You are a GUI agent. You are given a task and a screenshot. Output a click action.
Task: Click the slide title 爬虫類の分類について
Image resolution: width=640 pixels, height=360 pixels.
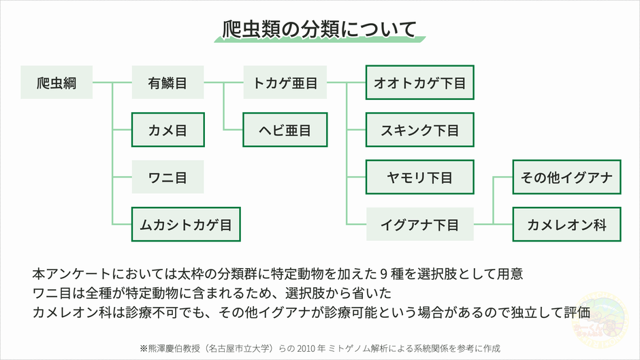pos(319,29)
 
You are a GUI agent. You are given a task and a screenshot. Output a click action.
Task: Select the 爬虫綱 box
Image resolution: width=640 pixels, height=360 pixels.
pos(57,83)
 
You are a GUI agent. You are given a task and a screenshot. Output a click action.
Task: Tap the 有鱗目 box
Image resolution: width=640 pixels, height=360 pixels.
pos(167,83)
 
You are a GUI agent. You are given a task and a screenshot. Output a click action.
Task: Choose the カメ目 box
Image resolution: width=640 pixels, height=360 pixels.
pos(167,130)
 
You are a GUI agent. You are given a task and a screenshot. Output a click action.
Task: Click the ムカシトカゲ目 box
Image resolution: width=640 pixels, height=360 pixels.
pos(186,224)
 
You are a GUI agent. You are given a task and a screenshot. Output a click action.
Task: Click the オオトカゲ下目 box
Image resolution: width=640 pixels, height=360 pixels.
pos(419,83)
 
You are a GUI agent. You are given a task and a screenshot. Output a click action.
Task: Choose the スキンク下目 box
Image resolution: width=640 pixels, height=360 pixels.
pos(419,130)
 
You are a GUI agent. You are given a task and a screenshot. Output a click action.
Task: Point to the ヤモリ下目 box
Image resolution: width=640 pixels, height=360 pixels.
pos(419,177)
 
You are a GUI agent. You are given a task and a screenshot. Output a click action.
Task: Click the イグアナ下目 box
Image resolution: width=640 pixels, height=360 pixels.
pos(419,224)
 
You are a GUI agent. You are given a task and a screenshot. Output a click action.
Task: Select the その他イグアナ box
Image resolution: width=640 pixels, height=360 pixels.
pos(566,177)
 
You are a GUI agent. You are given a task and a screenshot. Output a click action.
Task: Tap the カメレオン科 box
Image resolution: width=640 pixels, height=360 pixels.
pos(566,224)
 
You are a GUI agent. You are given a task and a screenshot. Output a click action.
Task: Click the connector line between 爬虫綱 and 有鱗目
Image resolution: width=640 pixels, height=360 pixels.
pos(112,83)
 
